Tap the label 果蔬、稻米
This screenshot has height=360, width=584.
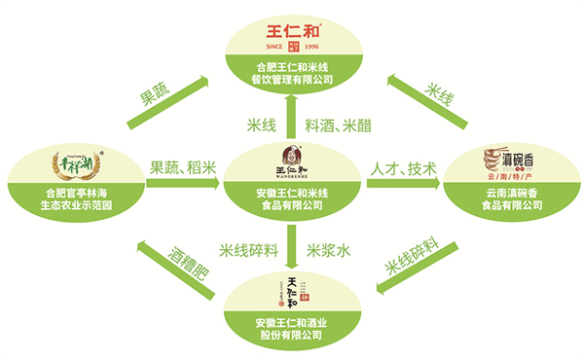pyautogui.click(x=181, y=167)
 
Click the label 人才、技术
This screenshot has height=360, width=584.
pyautogui.click(x=401, y=167)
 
